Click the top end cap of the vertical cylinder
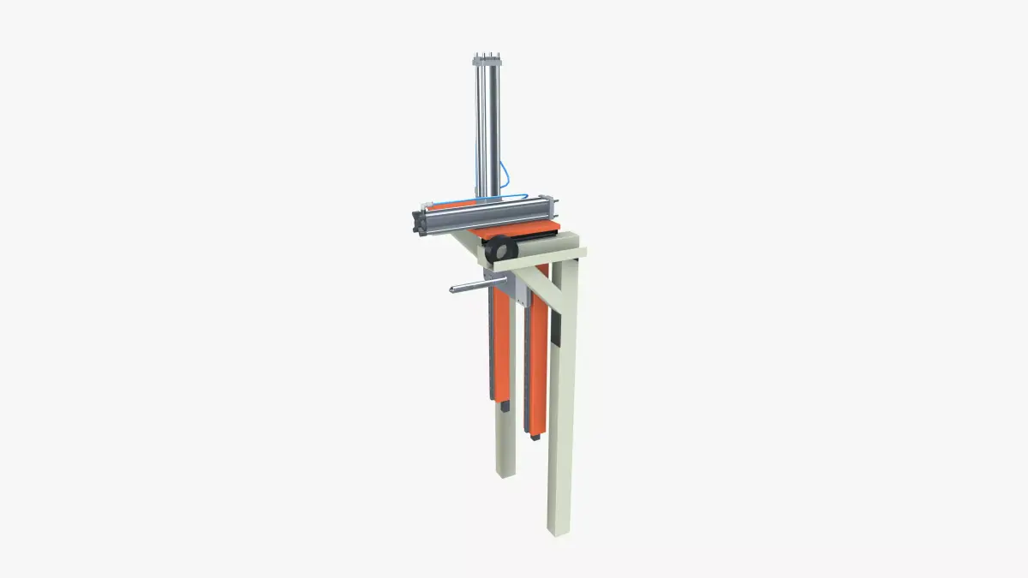(x=484, y=59)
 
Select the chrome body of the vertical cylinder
(x=485, y=128)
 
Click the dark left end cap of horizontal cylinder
(x=419, y=220)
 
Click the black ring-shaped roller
(x=499, y=250)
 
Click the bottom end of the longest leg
(x=558, y=528)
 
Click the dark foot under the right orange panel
(x=535, y=436)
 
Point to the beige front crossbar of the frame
(x=548, y=253)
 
